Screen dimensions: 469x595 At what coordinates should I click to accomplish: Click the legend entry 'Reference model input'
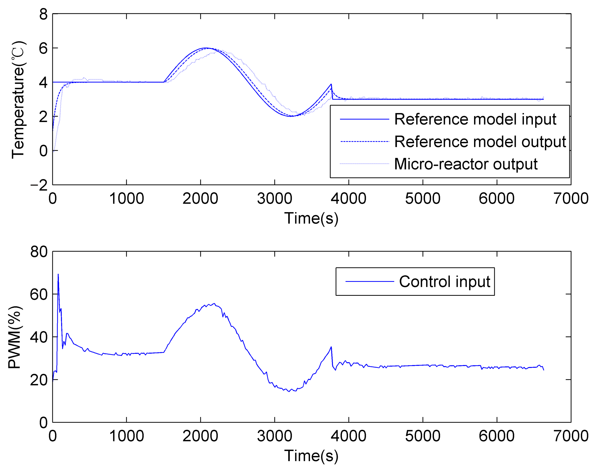(475, 119)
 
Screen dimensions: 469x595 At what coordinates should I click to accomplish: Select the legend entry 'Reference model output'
(480, 142)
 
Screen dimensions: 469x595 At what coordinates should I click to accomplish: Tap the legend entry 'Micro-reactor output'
(466, 164)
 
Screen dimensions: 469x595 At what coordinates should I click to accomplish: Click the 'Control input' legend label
(444, 282)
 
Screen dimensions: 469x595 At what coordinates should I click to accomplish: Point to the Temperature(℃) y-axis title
(18, 100)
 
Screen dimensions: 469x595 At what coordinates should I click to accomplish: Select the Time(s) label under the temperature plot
(311, 218)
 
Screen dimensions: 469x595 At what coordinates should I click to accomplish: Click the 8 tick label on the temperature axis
(43, 14)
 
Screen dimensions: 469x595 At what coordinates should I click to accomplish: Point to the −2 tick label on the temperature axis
(39, 185)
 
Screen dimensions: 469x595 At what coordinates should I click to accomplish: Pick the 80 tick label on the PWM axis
(39, 252)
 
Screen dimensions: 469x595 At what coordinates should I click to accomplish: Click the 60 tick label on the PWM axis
(39, 294)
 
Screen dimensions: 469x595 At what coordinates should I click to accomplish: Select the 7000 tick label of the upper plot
(571, 198)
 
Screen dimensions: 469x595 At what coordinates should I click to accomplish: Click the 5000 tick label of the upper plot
(423, 198)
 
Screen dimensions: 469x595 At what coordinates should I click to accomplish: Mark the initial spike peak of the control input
(58, 274)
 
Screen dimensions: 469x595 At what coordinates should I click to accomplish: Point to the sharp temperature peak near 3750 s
(331, 84)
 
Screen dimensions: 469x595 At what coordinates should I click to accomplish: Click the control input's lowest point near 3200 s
(289, 392)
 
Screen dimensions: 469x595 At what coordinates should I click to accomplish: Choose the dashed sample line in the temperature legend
(365, 142)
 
